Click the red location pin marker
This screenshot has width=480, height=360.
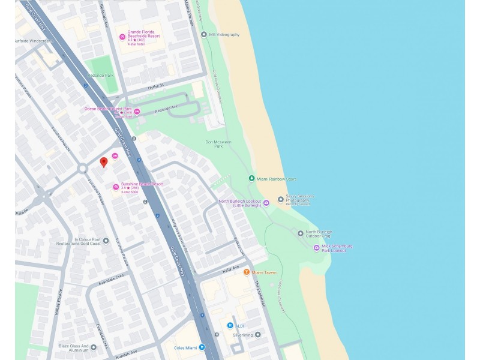[103, 162]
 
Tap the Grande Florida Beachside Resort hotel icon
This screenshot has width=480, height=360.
[122, 37]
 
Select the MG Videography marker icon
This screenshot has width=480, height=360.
[203, 35]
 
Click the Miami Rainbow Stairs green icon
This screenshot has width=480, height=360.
[251, 179]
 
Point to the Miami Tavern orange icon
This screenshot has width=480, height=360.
[246, 272]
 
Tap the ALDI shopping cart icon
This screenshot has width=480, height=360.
[230, 325]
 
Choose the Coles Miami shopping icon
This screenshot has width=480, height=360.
[202, 347]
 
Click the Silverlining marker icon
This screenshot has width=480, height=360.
[257, 335]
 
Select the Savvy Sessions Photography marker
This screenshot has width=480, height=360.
[280, 199]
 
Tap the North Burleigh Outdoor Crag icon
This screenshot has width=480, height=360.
[301, 233]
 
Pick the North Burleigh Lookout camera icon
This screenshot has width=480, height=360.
[266, 203]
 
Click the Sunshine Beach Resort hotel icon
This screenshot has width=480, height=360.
[116, 187]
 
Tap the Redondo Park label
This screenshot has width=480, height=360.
[100, 76]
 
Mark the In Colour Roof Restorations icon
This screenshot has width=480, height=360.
[106, 241]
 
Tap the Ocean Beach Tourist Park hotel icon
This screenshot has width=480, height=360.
[137, 112]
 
